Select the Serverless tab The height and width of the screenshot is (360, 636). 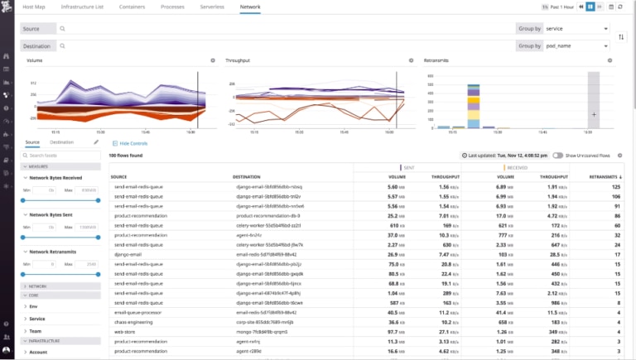point(211,6)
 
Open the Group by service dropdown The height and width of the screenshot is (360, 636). point(576,28)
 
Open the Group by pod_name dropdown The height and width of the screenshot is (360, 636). point(576,46)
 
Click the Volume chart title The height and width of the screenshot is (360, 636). point(35,61)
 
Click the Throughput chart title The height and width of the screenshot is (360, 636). point(238,61)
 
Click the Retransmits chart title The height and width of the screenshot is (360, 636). point(437,61)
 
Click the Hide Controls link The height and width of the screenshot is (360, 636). point(134,143)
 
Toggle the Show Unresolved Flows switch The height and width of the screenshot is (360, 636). point(559,155)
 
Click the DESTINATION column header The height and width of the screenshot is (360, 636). point(248,176)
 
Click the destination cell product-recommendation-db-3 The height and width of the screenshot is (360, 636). point(270,215)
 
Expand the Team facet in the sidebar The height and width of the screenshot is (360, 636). point(36,329)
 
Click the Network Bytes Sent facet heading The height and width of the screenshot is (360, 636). point(54,214)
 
